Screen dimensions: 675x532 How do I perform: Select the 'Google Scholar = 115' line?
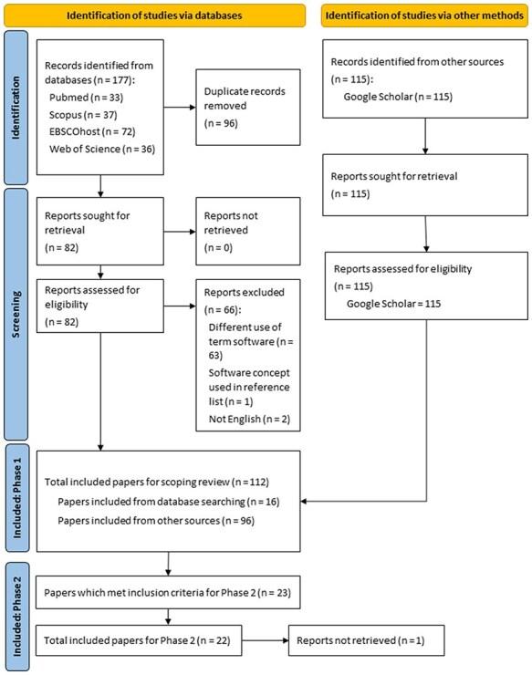click(393, 302)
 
